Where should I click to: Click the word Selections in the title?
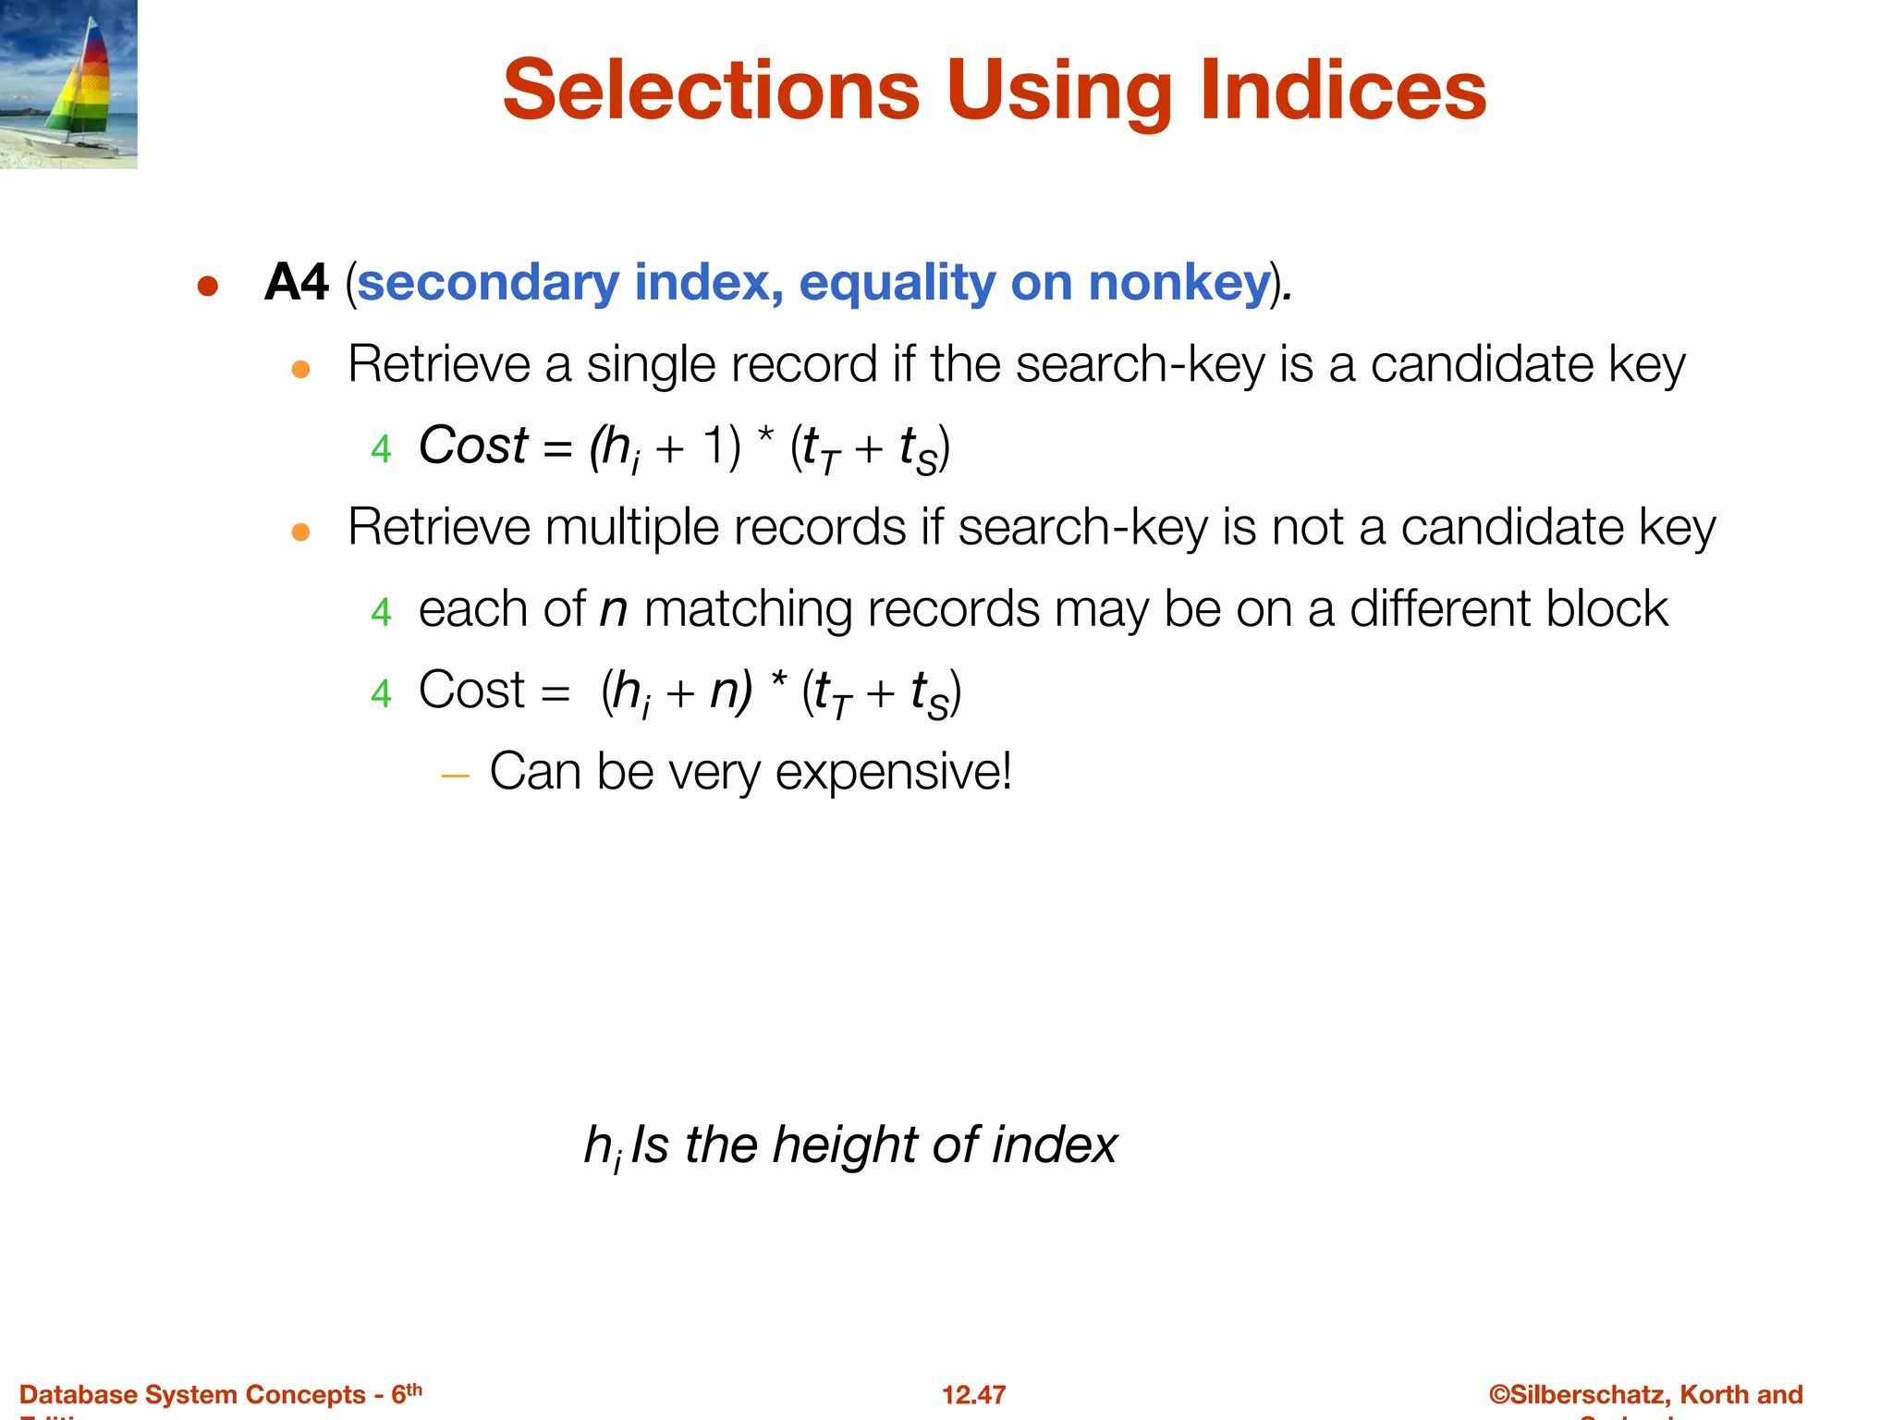pos(711,90)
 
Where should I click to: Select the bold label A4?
pos(296,282)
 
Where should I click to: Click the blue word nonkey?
pos(1179,282)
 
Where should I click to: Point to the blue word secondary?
pos(487,282)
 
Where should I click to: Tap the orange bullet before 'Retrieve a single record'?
pos(300,370)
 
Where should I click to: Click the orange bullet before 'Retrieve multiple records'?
pos(300,532)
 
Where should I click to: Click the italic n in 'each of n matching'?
pos(613,610)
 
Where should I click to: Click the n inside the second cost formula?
pos(726,691)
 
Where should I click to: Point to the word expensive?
pos(893,772)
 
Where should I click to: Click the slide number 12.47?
pos(973,1394)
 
